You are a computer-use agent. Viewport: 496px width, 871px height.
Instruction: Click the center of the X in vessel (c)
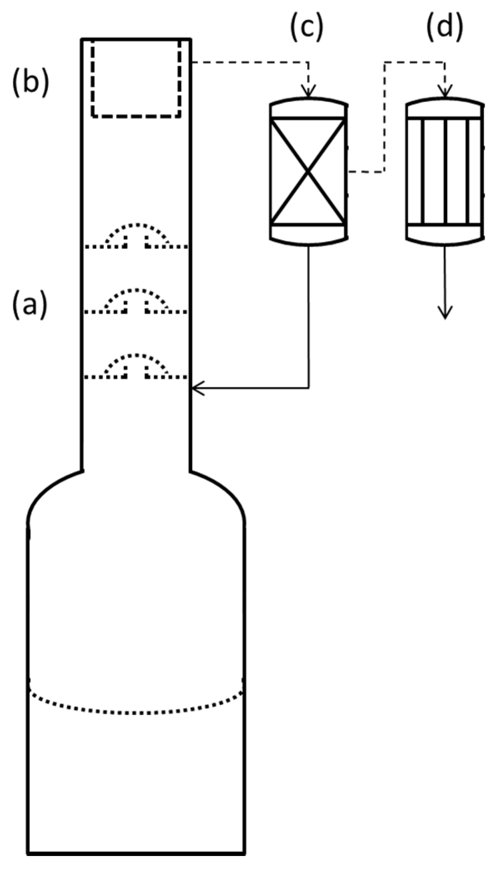(308, 171)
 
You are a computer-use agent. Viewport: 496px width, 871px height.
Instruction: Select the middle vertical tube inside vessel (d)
(445, 171)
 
